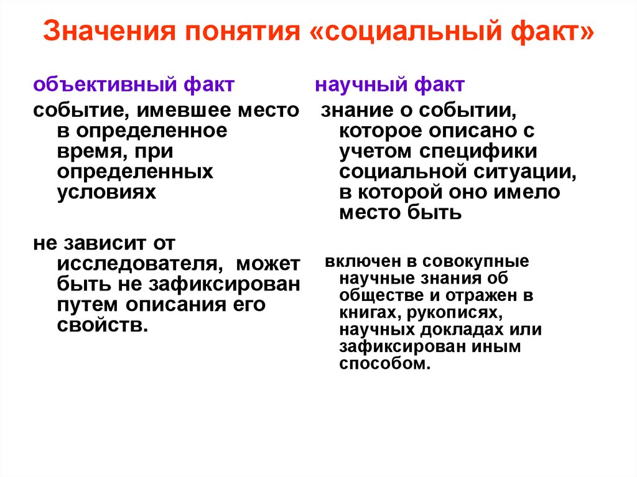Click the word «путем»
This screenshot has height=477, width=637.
pyautogui.click(x=88, y=305)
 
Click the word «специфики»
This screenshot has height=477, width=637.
pyautogui.click(x=485, y=152)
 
